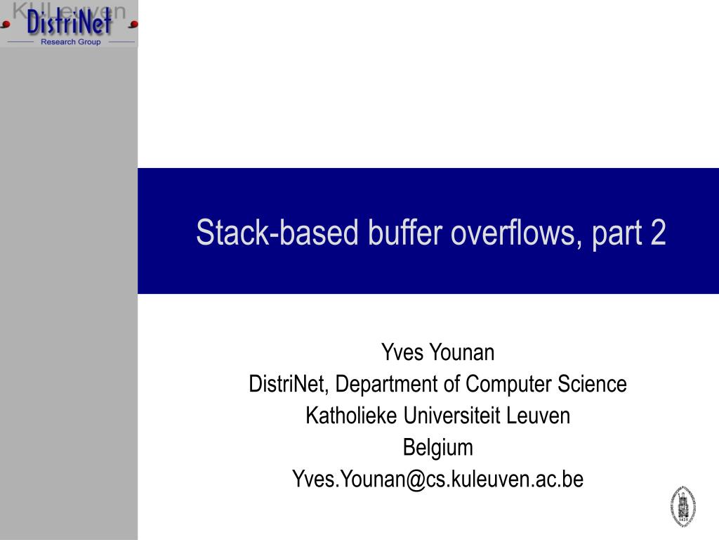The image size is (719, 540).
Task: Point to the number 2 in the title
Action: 658,233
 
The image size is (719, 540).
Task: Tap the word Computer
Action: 510,385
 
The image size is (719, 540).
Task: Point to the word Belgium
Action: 437,447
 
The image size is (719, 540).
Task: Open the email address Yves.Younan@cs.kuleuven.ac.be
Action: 437,480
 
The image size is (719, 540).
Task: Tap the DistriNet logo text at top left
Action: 69,23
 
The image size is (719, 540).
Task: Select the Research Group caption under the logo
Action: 70,42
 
